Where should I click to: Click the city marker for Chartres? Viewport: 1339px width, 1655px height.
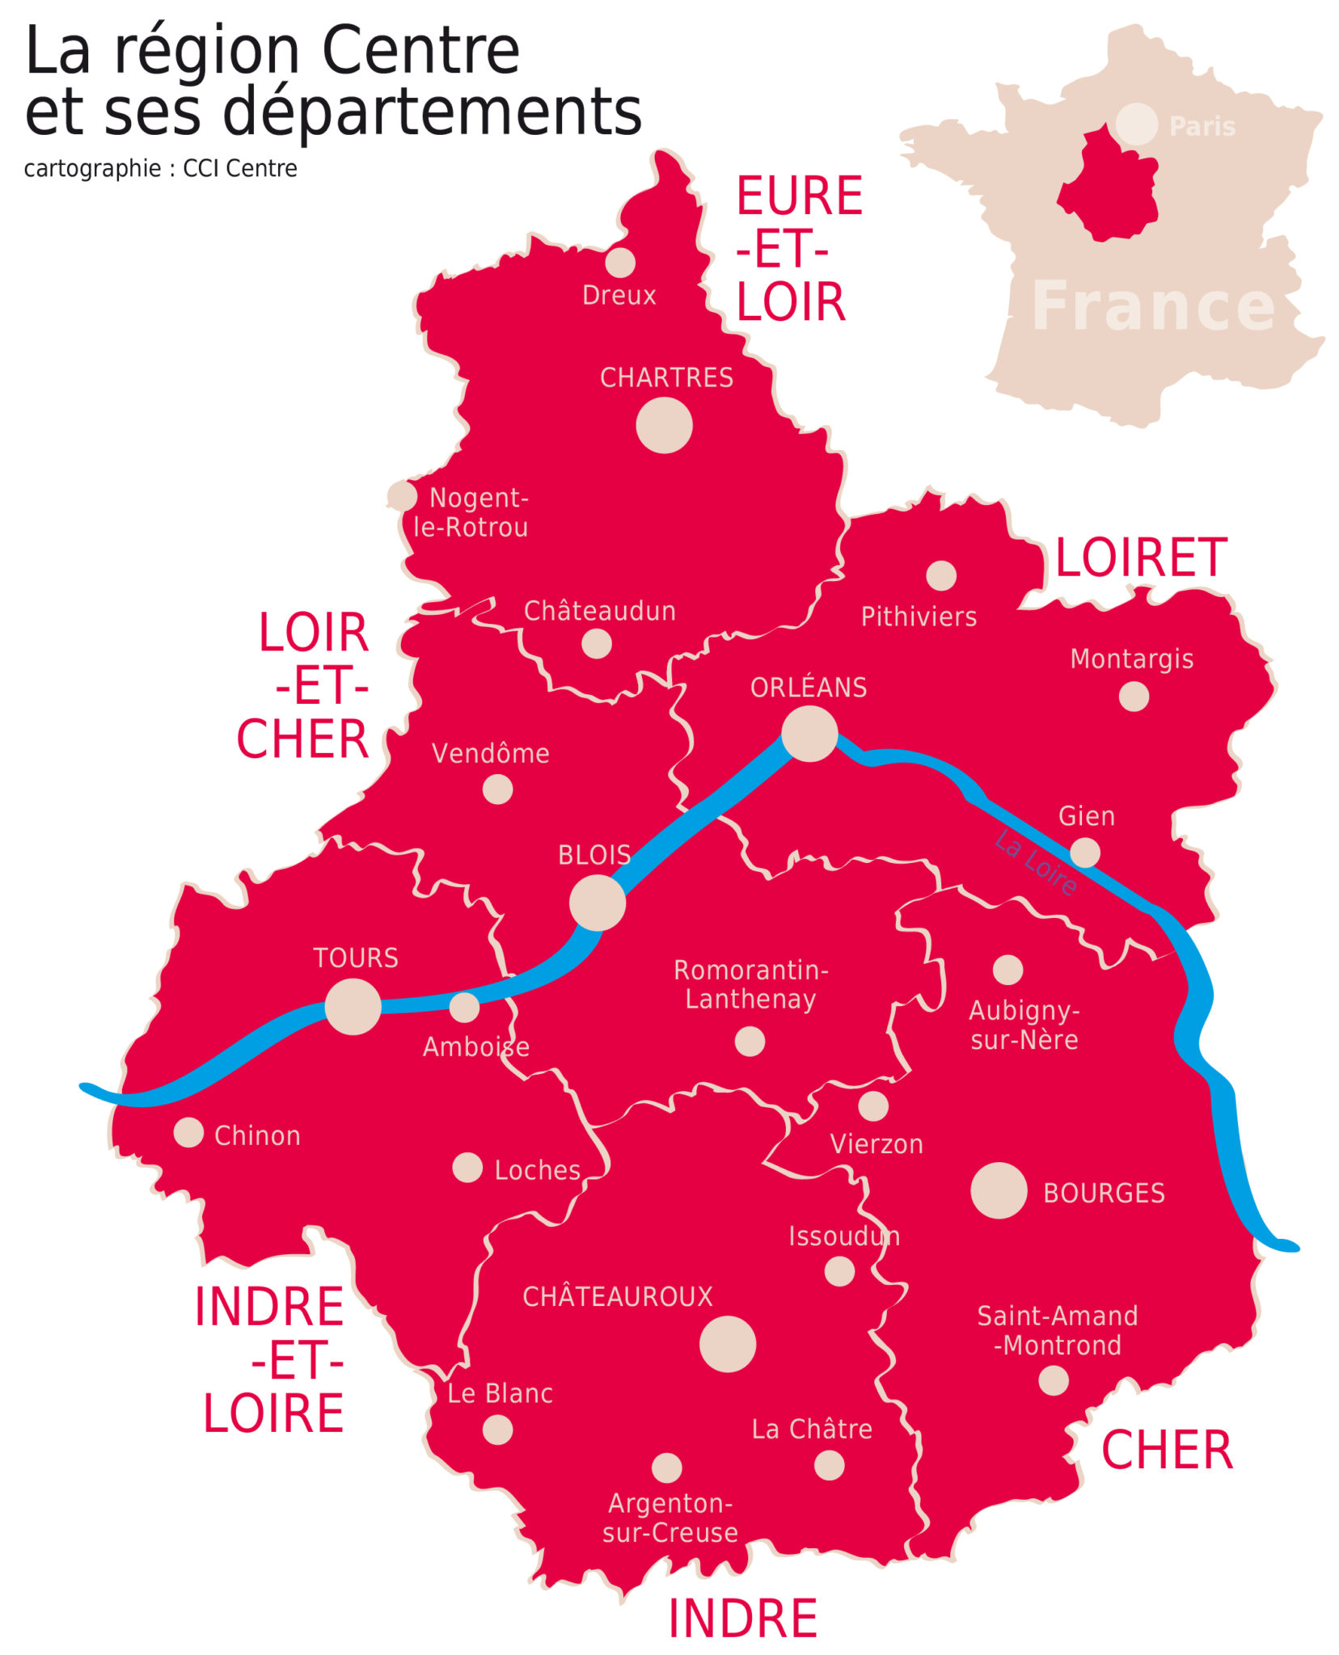[x=663, y=425]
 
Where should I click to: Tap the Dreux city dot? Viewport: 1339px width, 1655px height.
[x=619, y=262]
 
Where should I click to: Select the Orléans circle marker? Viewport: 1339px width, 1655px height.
[x=809, y=733]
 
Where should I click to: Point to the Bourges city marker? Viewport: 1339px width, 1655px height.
[x=998, y=1190]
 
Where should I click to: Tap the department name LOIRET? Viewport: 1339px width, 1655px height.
[x=1140, y=558]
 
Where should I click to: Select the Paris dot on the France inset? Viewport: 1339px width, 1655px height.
[x=1135, y=124]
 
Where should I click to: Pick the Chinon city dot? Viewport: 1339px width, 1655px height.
[x=188, y=1132]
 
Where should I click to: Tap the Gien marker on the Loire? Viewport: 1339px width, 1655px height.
[x=1084, y=852]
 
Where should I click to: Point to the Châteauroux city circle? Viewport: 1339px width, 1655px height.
[x=727, y=1344]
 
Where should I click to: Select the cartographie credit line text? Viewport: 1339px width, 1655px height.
[x=160, y=168]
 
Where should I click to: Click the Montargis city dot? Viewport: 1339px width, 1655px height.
[x=1133, y=696]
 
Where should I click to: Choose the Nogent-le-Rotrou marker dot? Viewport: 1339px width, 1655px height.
[x=402, y=495]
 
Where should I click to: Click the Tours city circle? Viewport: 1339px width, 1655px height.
[x=353, y=1006]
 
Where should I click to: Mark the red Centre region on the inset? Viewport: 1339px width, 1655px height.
[x=1109, y=190]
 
